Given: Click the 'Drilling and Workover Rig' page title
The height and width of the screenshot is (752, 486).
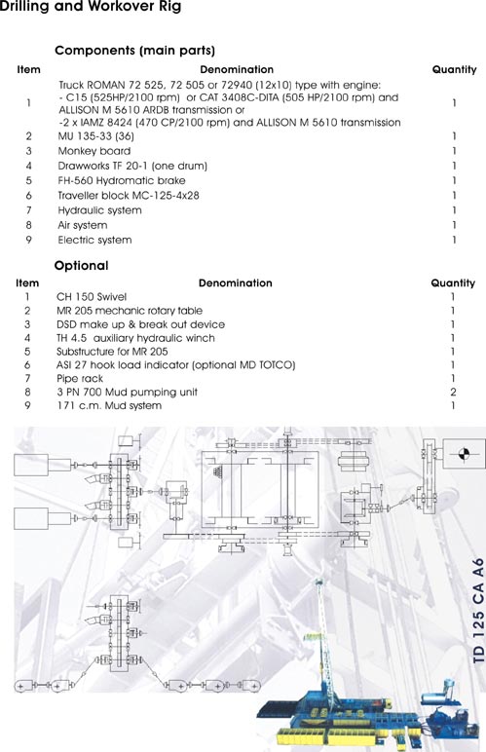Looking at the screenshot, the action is coord(91,7).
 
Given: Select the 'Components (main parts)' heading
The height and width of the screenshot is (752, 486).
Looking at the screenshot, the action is coord(134,51).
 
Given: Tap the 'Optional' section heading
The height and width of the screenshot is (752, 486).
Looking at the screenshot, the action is coord(81,266).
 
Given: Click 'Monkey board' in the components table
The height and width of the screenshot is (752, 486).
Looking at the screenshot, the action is coord(93,151).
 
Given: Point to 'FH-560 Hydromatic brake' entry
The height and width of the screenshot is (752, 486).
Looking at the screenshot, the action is coord(122,181).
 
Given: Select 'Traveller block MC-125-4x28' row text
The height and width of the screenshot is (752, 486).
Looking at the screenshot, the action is coord(128,196).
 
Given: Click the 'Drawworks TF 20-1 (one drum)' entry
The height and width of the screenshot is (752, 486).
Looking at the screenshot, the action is coord(132,166).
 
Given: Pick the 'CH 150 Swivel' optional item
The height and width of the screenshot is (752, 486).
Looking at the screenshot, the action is coord(92,297).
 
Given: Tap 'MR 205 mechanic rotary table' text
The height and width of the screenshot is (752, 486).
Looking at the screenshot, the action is coord(129,311).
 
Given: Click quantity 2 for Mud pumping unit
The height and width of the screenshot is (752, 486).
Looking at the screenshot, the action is coord(453,393).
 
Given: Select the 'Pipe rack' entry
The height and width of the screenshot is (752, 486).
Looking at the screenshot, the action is coord(80,379).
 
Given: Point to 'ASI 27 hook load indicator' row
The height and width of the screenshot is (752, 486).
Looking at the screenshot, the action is coord(175,365).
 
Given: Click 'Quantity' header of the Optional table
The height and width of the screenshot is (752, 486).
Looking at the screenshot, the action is coord(453,283).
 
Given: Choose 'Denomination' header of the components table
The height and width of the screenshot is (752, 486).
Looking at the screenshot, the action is coord(237,69).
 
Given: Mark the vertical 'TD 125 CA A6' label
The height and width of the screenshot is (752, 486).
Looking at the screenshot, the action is coord(478,610).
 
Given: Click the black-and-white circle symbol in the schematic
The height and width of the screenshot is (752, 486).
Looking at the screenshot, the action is coord(464,453).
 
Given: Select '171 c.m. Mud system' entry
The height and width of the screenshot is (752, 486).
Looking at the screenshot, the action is coord(109,406).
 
